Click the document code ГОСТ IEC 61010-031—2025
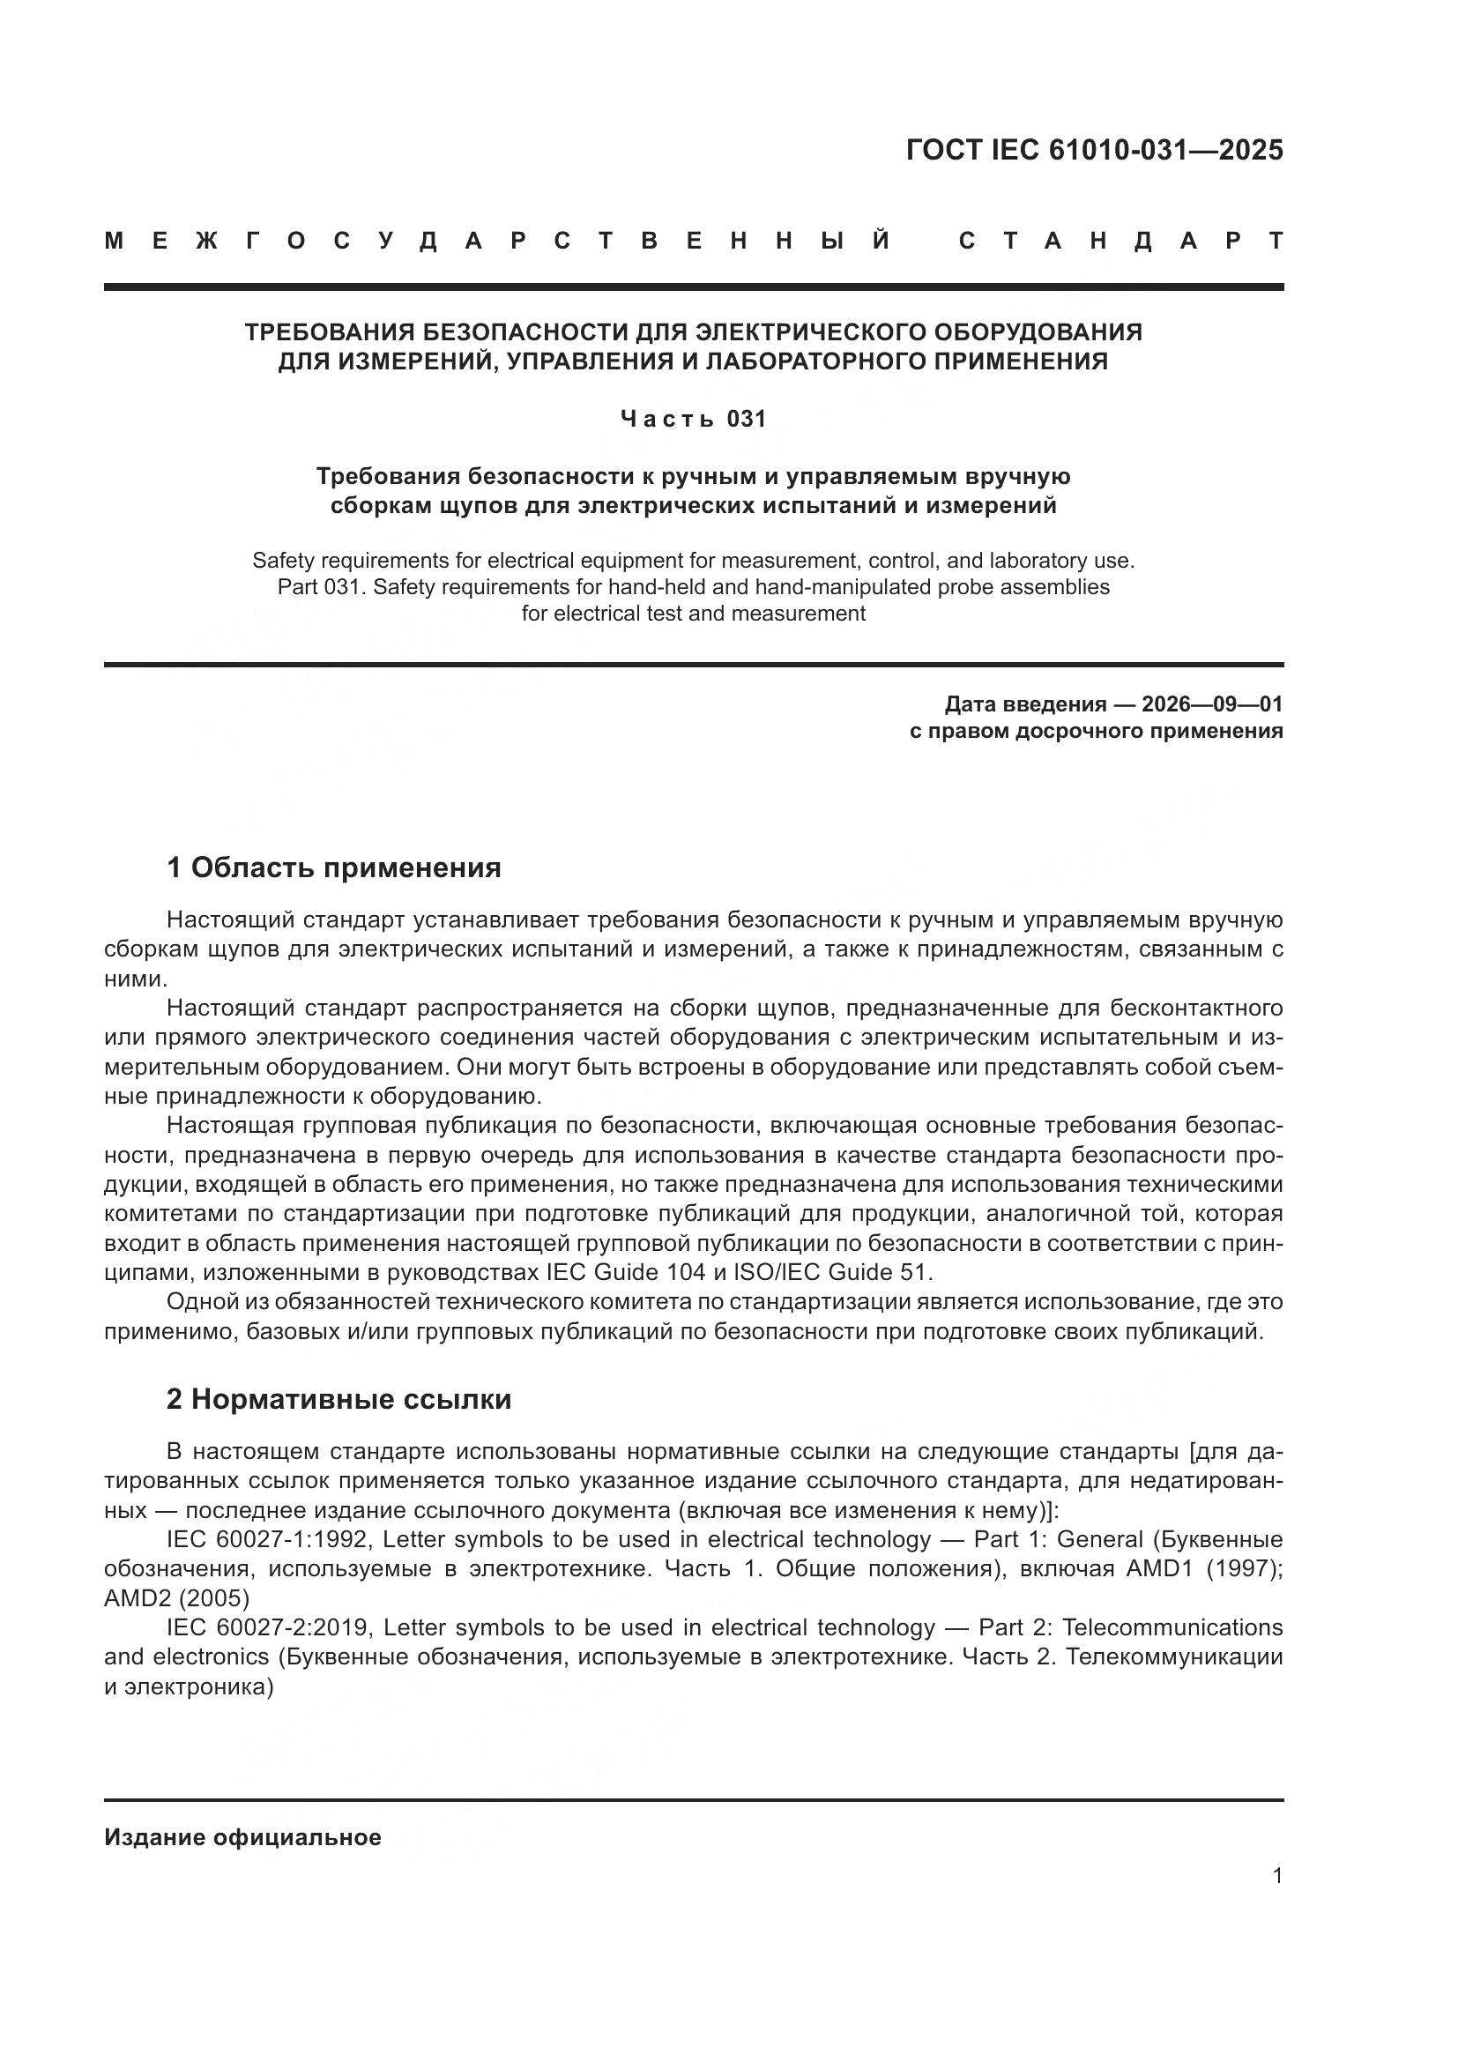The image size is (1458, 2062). [1095, 150]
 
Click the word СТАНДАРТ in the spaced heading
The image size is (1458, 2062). [1120, 241]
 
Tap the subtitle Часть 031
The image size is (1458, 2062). [693, 420]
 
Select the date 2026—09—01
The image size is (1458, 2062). [1211, 703]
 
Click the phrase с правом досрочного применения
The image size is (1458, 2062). [1096, 730]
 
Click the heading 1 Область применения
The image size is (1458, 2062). [333, 867]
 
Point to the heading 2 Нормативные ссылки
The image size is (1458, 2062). [338, 1399]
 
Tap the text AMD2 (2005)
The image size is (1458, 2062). [177, 1597]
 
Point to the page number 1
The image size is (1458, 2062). [1276, 1875]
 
